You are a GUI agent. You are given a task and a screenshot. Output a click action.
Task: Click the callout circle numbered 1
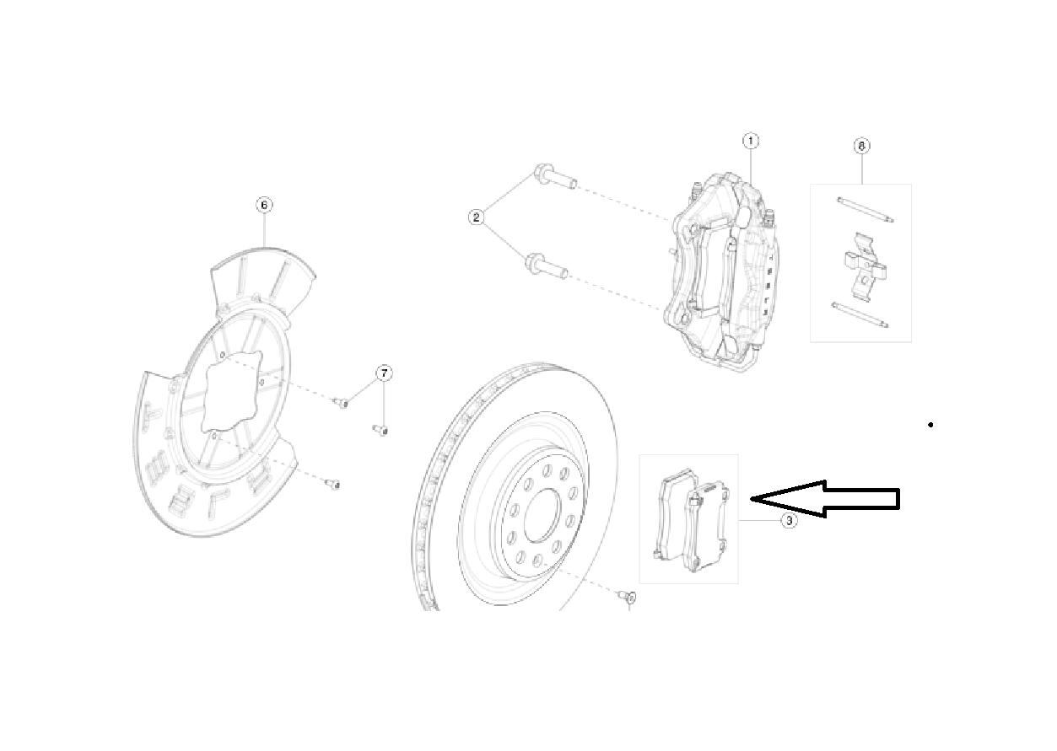point(751,140)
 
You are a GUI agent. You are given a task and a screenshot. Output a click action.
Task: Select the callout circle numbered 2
point(477,217)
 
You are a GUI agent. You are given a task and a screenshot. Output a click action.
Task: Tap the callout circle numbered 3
point(789,521)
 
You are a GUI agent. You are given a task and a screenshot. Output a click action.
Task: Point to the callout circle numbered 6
point(263,205)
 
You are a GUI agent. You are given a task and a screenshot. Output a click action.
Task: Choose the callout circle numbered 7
point(384,373)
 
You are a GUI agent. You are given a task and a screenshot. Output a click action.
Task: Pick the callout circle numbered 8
point(861,146)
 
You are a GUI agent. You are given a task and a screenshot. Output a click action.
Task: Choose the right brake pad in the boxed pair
point(710,525)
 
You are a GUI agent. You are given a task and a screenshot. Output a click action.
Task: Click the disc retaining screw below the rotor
point(628,598)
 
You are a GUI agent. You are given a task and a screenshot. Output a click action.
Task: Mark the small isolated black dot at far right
point(930,425)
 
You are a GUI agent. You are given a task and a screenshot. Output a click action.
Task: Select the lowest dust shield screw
point(333,484)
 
